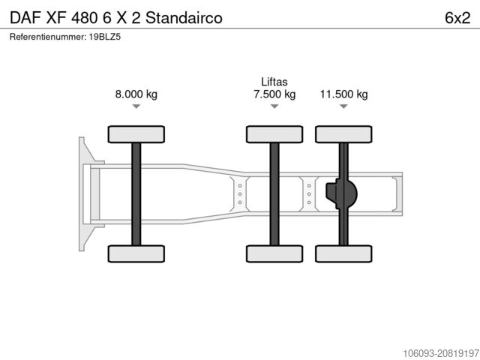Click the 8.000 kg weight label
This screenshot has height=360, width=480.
coord(136,94)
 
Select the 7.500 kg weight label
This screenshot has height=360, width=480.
coord(274,94)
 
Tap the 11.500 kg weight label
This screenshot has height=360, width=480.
coord(343,94)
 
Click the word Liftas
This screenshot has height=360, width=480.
coord(274,82)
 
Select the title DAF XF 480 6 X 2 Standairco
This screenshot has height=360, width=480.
coord(115,17)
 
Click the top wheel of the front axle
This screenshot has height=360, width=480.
coord(136,134)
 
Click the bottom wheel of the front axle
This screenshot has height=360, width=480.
coord(136,253)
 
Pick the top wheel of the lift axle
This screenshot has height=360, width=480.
coord(274,134)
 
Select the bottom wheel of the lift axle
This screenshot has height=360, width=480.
coord(274,253)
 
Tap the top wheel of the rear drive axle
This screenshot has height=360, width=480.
coord(343,134)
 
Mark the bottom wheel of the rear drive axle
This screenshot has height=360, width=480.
coord(343,253)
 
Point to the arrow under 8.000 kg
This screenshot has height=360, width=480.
coord(136,106)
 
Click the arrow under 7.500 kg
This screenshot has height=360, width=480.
coord(274,106)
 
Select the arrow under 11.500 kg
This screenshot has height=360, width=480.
coord(343,106)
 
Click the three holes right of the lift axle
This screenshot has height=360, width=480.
coord(308,194)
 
